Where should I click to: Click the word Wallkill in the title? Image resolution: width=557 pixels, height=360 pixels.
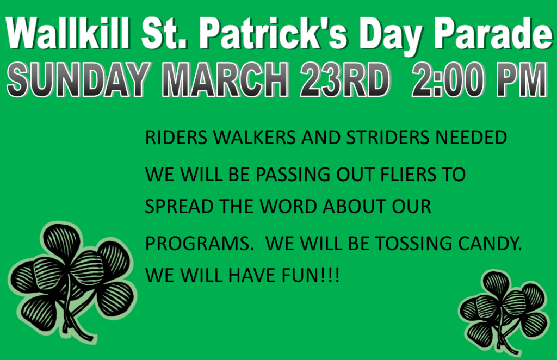[68, 33]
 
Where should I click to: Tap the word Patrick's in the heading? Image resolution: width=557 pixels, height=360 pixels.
[273, 33]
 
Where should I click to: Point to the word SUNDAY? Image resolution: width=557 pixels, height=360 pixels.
[78, 79]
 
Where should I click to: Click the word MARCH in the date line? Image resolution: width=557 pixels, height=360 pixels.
[225, 79]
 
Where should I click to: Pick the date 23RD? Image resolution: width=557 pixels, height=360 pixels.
[345, 79]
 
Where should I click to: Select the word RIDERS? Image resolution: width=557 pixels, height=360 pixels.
[176, 138]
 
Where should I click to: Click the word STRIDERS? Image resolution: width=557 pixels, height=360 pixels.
[387, 138]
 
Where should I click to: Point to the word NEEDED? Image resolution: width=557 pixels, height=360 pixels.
[471, 138]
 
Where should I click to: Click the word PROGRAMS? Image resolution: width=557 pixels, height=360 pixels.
[197, 244]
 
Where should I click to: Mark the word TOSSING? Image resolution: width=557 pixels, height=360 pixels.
[414, 244]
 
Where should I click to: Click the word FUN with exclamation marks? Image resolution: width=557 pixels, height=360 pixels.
[311, 276]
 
